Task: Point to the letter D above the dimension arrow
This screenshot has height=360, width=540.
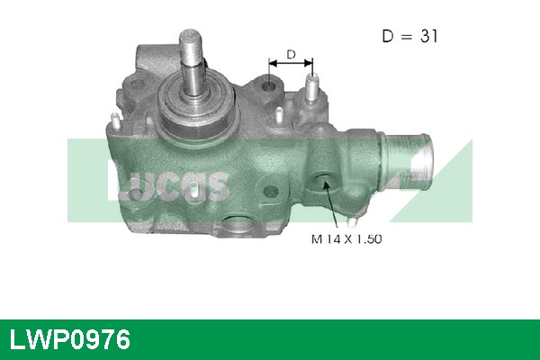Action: click(290, 54)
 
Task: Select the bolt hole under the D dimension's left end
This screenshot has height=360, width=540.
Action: click(268, 88)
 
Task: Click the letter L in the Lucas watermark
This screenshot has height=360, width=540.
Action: click(118, 179)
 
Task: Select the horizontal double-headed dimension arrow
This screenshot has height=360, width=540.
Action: click(290, 65)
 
